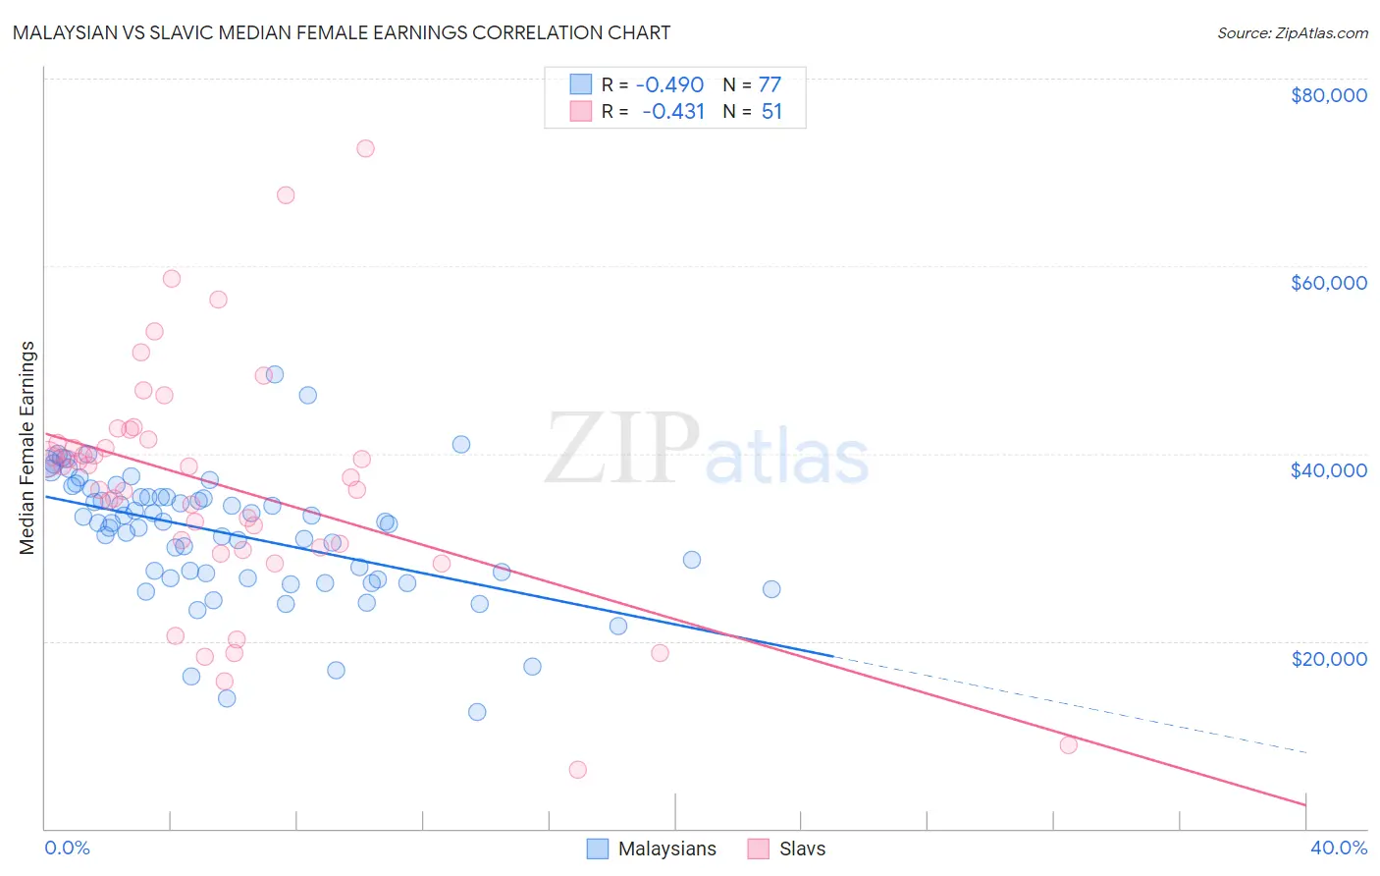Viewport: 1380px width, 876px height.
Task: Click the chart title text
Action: (x=341, y=32)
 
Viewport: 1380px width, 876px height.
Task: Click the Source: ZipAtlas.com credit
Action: (x=1292, y=32)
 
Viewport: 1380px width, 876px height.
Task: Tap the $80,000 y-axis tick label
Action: (x=1328, y=95)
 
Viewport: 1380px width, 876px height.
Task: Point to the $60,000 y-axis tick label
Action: (x=1328, y=283)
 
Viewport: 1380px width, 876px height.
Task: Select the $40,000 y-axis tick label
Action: (x=1328, y=470)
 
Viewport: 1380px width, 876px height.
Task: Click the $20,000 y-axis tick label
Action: (x=1328, y=658)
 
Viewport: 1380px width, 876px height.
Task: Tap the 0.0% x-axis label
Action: (x=67, y=848)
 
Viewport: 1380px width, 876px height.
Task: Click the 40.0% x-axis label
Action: (x=1338, y=848)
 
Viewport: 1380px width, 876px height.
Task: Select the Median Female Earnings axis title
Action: (x=27, y=448)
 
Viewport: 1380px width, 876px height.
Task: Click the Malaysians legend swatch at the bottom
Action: (x=598, y=849)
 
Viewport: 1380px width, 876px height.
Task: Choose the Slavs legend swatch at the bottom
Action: (x=758, y=849)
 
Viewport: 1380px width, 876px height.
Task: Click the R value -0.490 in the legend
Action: (x=669, y=84)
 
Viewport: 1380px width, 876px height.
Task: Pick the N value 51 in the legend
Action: (x=771, y=111)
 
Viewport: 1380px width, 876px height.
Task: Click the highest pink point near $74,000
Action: (x=365, y=148)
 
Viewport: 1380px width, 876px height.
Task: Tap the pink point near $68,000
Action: (x=286, y=195)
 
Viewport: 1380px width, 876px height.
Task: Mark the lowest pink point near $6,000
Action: (x=578, y=770)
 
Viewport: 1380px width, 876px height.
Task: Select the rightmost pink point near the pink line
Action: (x=1069, y=744)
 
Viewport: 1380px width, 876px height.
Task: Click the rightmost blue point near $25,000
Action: (x=771, y=589)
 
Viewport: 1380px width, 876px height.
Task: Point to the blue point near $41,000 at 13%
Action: (x=460, y=444)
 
